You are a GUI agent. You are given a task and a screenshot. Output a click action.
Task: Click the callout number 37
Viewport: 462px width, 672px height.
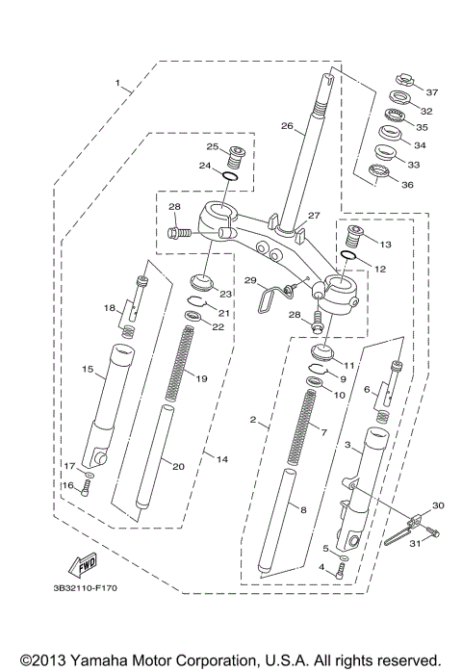432,92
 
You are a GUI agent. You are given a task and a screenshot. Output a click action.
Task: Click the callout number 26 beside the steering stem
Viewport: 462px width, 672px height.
287,125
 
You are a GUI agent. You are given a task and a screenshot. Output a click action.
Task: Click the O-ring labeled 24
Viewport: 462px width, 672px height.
232,176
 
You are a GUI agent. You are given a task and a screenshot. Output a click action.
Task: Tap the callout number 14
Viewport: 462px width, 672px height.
221,460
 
